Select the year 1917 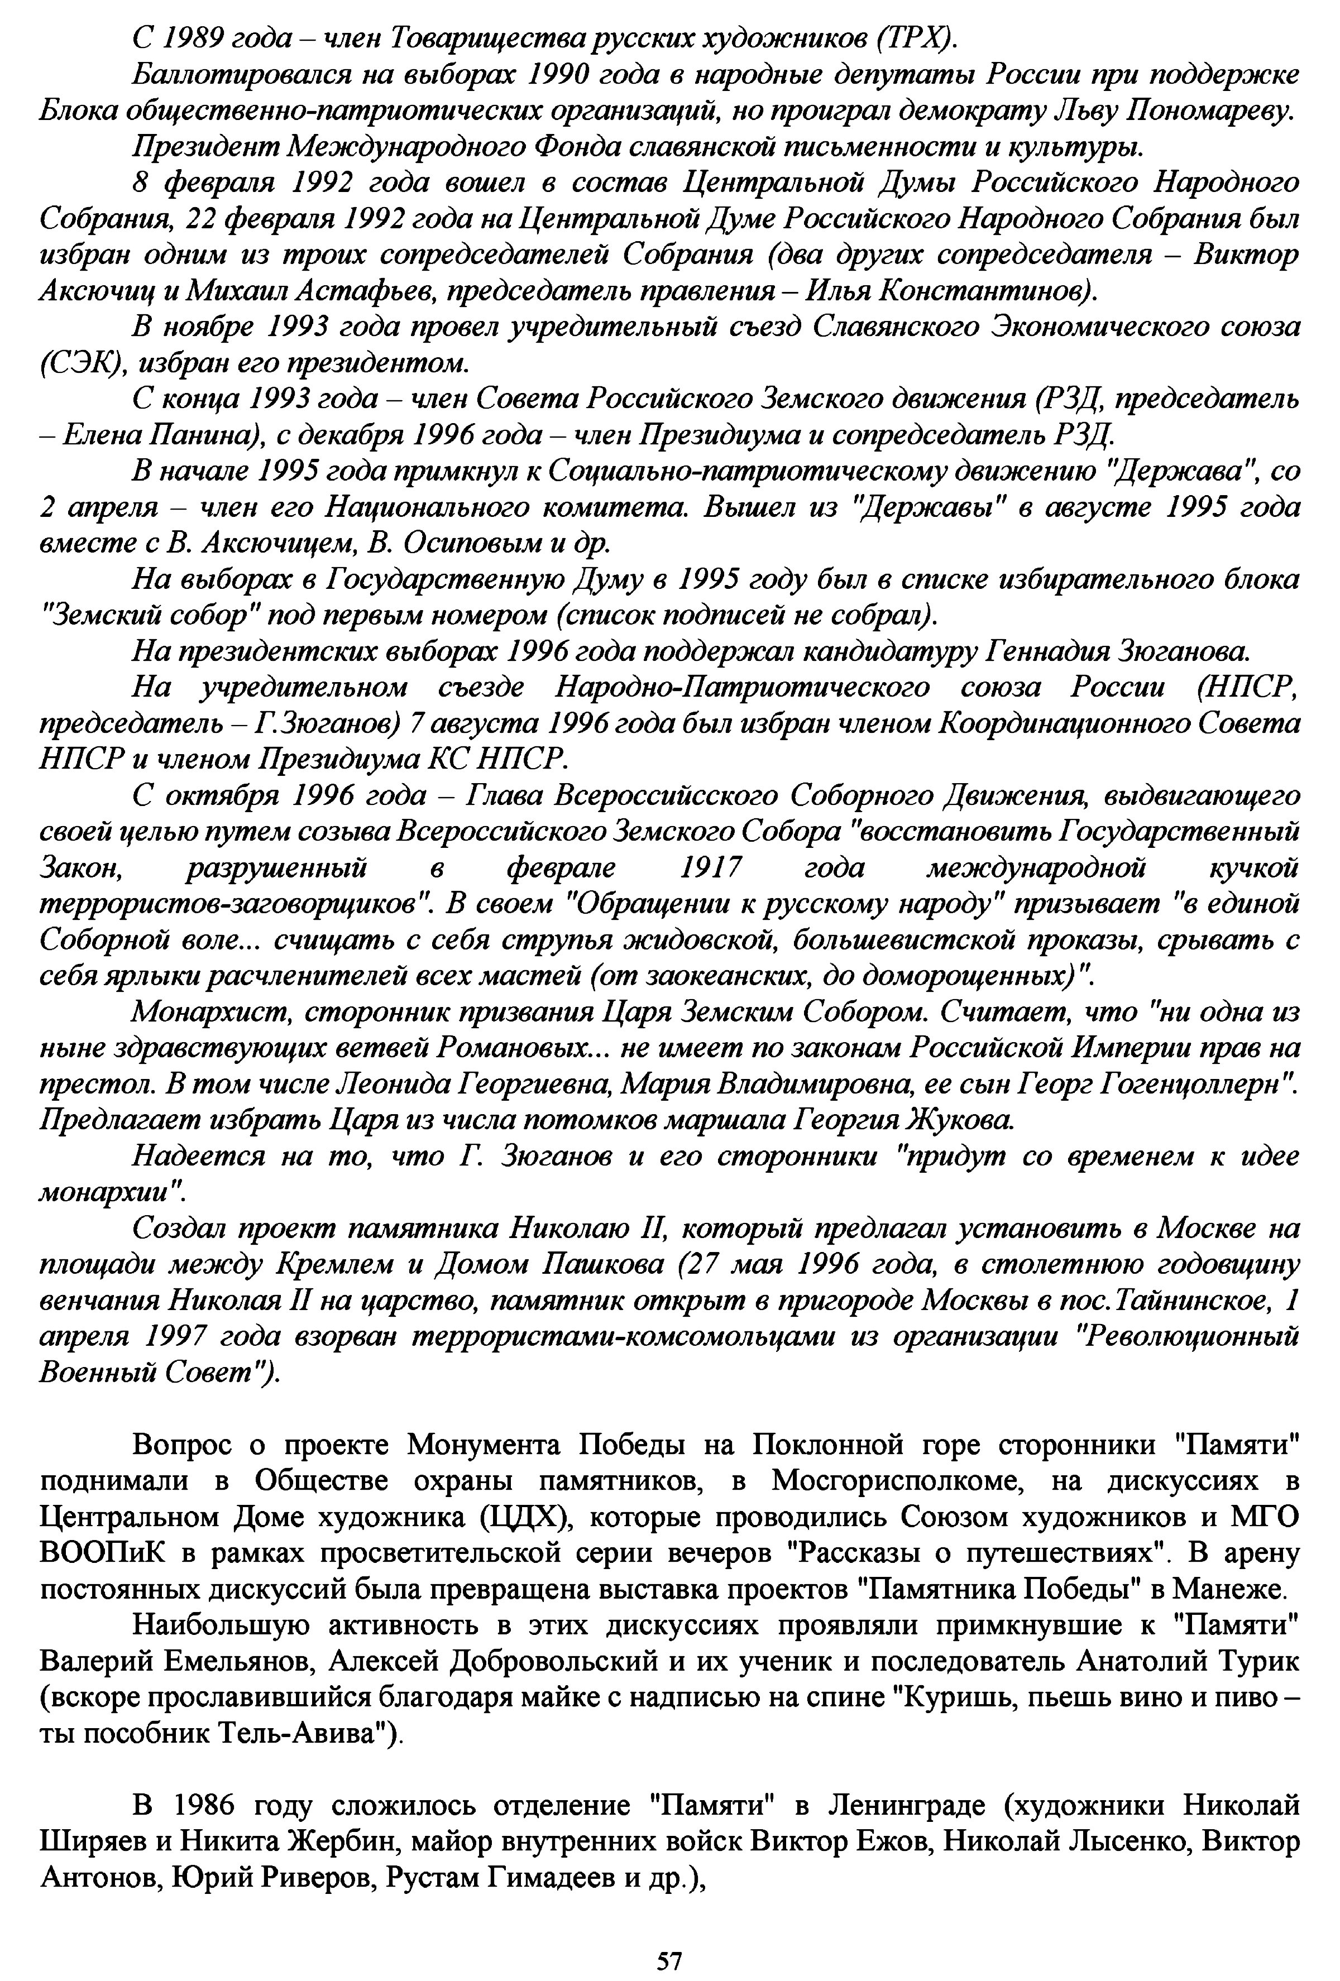pyautogui.click(x=711, y=868)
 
